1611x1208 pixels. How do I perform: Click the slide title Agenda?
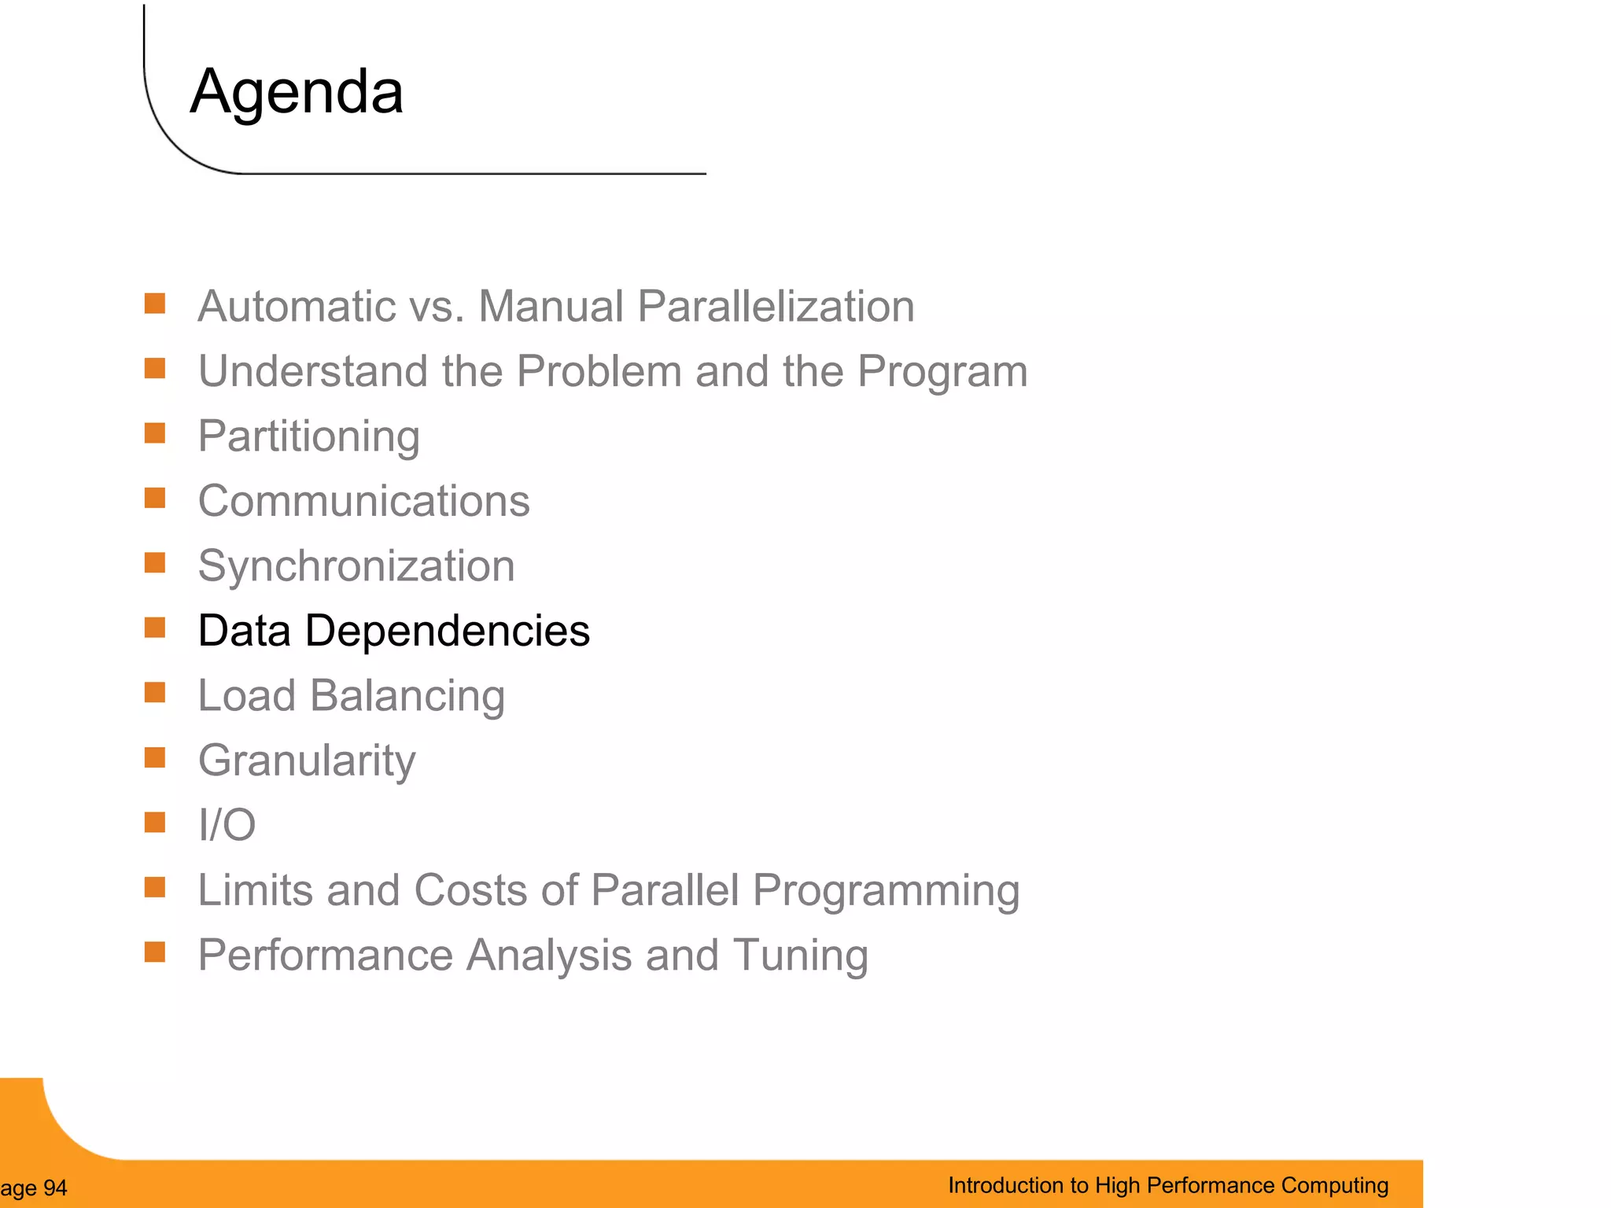point(297,92)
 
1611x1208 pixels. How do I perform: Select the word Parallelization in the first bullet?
point(776,306)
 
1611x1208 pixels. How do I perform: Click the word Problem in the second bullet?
point(599,371)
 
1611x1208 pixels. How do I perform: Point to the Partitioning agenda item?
point(308,436)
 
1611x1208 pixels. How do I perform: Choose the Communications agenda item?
point(363,501)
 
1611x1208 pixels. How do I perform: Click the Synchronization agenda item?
point(356,566)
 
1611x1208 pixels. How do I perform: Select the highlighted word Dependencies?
point(447,631)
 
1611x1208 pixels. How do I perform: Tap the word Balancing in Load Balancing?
point(407,696)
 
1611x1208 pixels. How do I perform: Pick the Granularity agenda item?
point(307,761)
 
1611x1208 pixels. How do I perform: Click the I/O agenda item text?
point(227,825)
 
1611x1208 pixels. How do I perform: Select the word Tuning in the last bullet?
point(800,955)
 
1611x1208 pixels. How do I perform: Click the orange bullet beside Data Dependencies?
point(155,628)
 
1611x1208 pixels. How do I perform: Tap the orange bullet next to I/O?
point(155,823)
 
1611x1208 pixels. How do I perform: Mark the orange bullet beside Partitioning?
point(155,433)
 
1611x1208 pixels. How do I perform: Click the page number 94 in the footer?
point(55,1188)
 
